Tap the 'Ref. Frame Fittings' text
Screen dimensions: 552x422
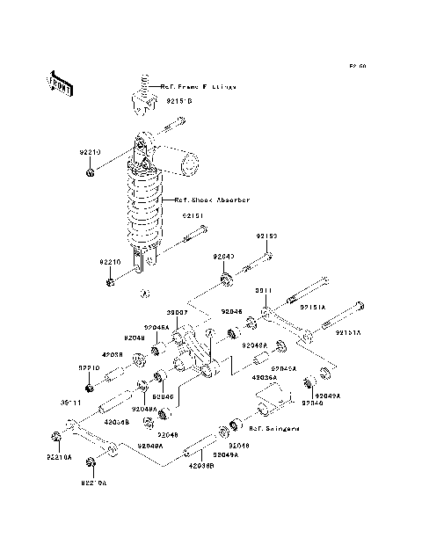pyautogui.click(x=199, y=86)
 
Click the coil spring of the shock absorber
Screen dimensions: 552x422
pyautogui.click(x=146, y=211)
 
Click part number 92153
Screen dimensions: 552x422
pyautogui.click(x=267, y=236)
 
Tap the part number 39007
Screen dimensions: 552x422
pyautogui.click(x=179, y=312)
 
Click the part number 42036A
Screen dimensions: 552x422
pyautogui.click(x=265, y=376)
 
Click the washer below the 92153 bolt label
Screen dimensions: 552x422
pyautogui.click(x=227, y=280)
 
